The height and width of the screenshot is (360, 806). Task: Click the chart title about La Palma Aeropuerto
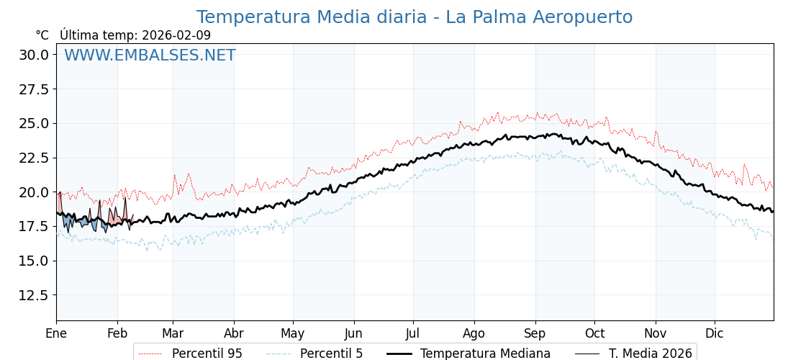click(415, 17)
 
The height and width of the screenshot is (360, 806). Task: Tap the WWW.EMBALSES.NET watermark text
click(150, 55)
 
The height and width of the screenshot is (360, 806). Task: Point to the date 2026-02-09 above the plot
click(176, 35)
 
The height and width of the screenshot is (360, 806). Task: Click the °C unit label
click(42, 35)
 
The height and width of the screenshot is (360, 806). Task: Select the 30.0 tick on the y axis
click(33, 55)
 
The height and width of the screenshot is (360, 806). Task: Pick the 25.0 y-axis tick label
click(33, 123)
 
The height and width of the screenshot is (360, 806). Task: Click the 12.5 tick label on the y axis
click(33, 295)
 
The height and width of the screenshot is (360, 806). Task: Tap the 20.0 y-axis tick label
click(33, 192)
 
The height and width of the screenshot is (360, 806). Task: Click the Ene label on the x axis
click(56, 333)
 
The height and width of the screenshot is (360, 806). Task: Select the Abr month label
click(234, 333)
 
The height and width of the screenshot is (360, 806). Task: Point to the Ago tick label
click(474, 333)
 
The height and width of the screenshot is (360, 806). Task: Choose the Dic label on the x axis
click(715, 333)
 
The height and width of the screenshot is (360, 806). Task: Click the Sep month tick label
click(535, 333)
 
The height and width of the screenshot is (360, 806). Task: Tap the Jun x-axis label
click(353, 333)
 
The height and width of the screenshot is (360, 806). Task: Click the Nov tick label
click(656, 333)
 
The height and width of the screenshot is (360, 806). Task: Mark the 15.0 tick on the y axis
click(33, 261)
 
